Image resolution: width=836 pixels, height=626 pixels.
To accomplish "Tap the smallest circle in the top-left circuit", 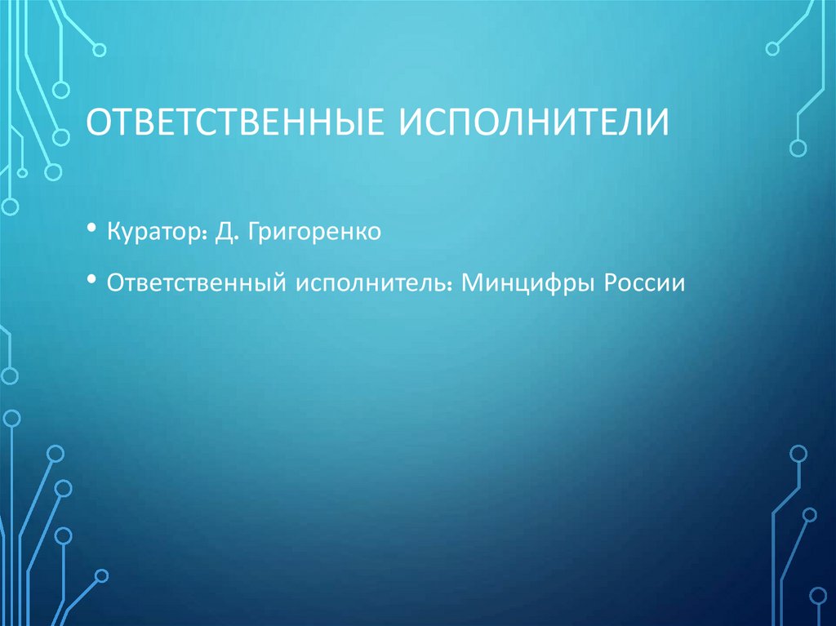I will tap(22, 172).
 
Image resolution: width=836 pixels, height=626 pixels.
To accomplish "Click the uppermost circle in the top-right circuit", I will tap(772, 48).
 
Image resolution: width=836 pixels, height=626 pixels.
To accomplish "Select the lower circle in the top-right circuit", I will tap(798, 147).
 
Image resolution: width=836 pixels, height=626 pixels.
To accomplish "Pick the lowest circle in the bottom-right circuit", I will tap(818, 594).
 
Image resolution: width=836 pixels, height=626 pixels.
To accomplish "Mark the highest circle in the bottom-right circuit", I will tap(798, 453).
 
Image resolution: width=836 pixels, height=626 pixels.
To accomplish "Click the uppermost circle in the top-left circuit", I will tap(100, 50).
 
